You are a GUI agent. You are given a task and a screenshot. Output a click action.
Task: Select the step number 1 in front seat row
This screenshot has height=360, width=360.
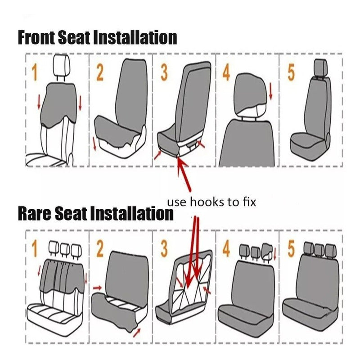pos(35,72)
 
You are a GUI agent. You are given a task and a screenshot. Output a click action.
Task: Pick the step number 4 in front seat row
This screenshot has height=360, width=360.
pos(226,72)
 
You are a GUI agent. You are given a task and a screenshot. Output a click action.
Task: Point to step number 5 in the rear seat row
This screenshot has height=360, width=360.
pos(291,249)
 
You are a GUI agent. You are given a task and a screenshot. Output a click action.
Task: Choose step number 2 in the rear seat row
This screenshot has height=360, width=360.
pos(99,249)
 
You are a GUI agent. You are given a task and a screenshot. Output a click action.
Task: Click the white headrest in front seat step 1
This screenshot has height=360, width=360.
pos(61,65)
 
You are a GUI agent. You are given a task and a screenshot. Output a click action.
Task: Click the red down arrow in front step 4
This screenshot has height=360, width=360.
pos(271,91)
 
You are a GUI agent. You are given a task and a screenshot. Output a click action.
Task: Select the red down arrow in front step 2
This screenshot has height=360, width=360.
pos(94,144)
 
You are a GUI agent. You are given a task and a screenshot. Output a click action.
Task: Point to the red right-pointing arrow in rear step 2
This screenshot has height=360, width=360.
pos(97,288)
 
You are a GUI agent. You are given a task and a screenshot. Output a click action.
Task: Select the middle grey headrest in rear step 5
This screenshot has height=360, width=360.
pos(319,250)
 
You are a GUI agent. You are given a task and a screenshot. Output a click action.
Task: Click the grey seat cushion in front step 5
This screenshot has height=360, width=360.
pos(308,144)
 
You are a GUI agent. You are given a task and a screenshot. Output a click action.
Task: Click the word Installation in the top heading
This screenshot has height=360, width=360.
pos(135,37)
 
